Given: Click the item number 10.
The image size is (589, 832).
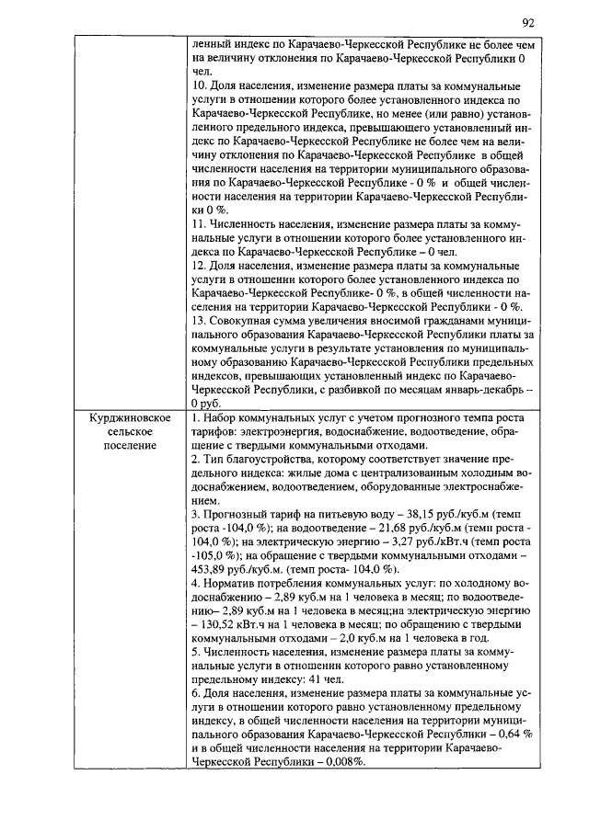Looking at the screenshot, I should (x=200, y=85).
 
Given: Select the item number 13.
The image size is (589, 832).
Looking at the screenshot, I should (x=200, y=320).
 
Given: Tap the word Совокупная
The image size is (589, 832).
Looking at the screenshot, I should (x=242, y=320).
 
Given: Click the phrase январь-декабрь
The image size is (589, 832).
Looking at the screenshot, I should (x=488, y=389).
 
